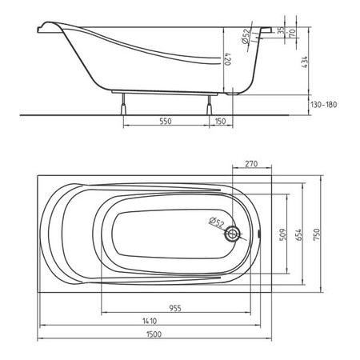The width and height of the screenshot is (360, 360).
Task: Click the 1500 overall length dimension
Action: pyautogui.click(x=154, y=334)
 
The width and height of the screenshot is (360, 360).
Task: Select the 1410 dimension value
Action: pyautogui.click(x=150, y=321)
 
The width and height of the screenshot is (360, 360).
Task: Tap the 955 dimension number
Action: pyautogui.click(x=175, y=308)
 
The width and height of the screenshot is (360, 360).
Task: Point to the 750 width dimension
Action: pyautogui.click(x=317, y=234)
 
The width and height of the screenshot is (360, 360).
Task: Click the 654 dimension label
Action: pyautogui.click(x=298, y=234)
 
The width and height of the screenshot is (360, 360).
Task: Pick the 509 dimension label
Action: pyautogui.click(x=283, y=234)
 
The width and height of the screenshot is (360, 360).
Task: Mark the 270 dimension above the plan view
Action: pyautogui.click(x=251, y=163)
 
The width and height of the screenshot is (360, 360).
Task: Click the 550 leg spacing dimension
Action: pyautogui.click(x=166, y=121)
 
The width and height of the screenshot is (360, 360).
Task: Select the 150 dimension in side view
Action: pyautogui.click(x=220, y=121)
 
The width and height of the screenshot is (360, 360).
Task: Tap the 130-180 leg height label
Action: pyautogui.click(x=323, y=104)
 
